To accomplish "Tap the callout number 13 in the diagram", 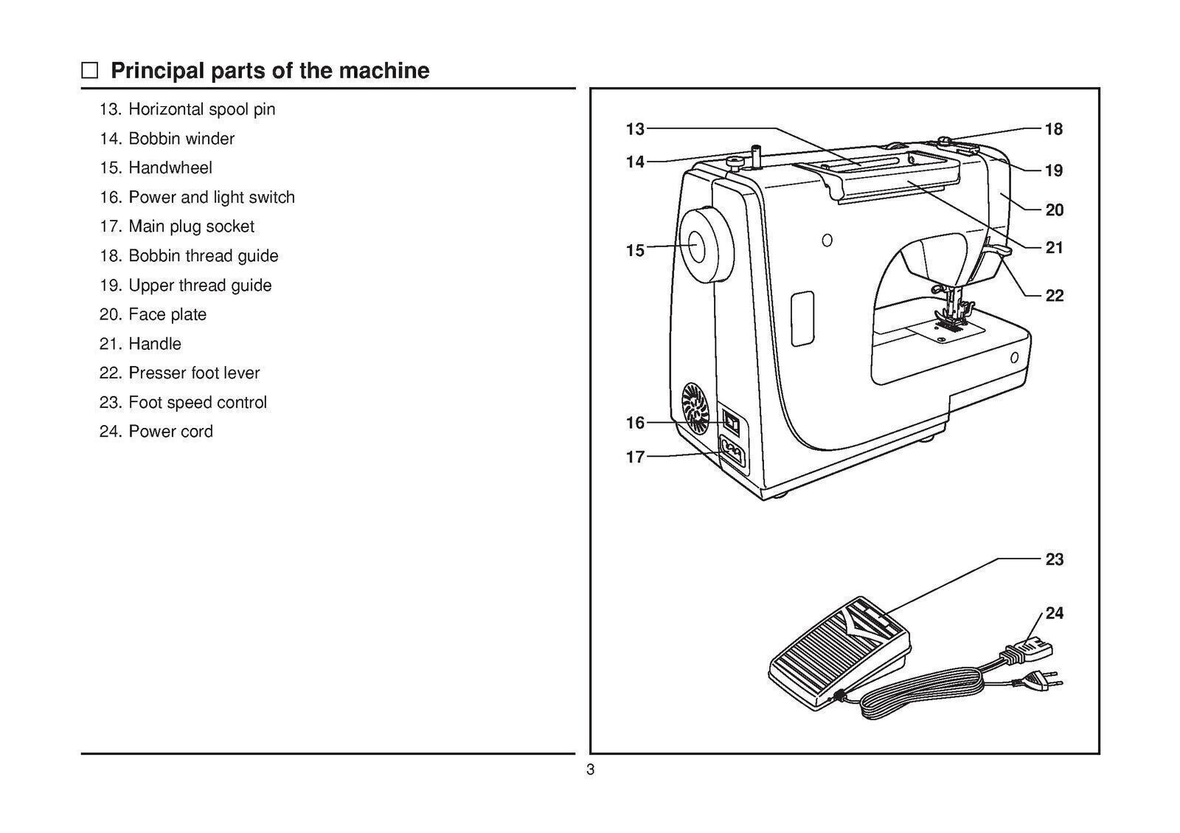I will point(635,129).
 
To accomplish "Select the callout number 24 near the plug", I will point(1055,613).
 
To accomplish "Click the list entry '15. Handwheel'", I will point(156,168).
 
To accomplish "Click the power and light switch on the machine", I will point(732,423).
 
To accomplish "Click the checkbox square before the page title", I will point(89,71).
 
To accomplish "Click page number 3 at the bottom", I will point(590,771).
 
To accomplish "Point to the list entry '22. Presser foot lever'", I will point(180,373).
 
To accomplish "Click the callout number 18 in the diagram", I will point(1054,129).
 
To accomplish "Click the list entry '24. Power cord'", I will point(156,432).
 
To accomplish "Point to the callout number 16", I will point(635,423).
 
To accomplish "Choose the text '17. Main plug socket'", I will point(177,227).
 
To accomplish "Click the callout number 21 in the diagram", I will point(1055,248).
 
